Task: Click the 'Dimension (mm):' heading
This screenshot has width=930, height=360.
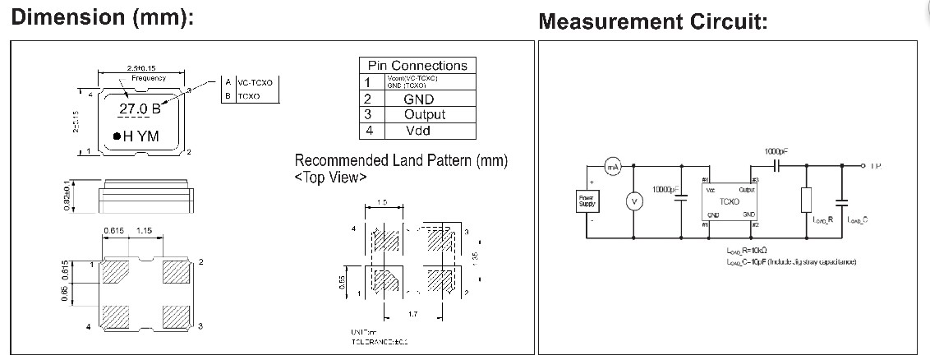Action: (x=102, y=18)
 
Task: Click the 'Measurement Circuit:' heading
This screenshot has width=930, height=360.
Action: (x=653, y=22)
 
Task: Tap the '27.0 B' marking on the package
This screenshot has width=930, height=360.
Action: (x=140, y=108)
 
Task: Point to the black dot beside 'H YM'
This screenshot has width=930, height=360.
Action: (x=117, y=136)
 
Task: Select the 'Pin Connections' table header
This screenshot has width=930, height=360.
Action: (x=417, y=66)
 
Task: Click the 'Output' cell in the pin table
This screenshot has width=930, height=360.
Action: (x=425, y=114)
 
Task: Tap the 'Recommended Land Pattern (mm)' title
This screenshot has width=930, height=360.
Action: (x=401, y=160)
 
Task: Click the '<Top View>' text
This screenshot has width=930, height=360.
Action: (x=330, y=178)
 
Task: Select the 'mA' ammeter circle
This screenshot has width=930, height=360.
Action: (x=612, y=167)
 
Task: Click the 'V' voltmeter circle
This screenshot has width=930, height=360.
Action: (x=633, y=200)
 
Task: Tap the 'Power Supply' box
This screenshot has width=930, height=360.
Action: (x=588, y=200)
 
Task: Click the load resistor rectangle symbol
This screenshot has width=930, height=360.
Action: (x=806, y=200)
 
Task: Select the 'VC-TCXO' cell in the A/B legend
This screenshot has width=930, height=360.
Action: (x=259, y=83)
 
